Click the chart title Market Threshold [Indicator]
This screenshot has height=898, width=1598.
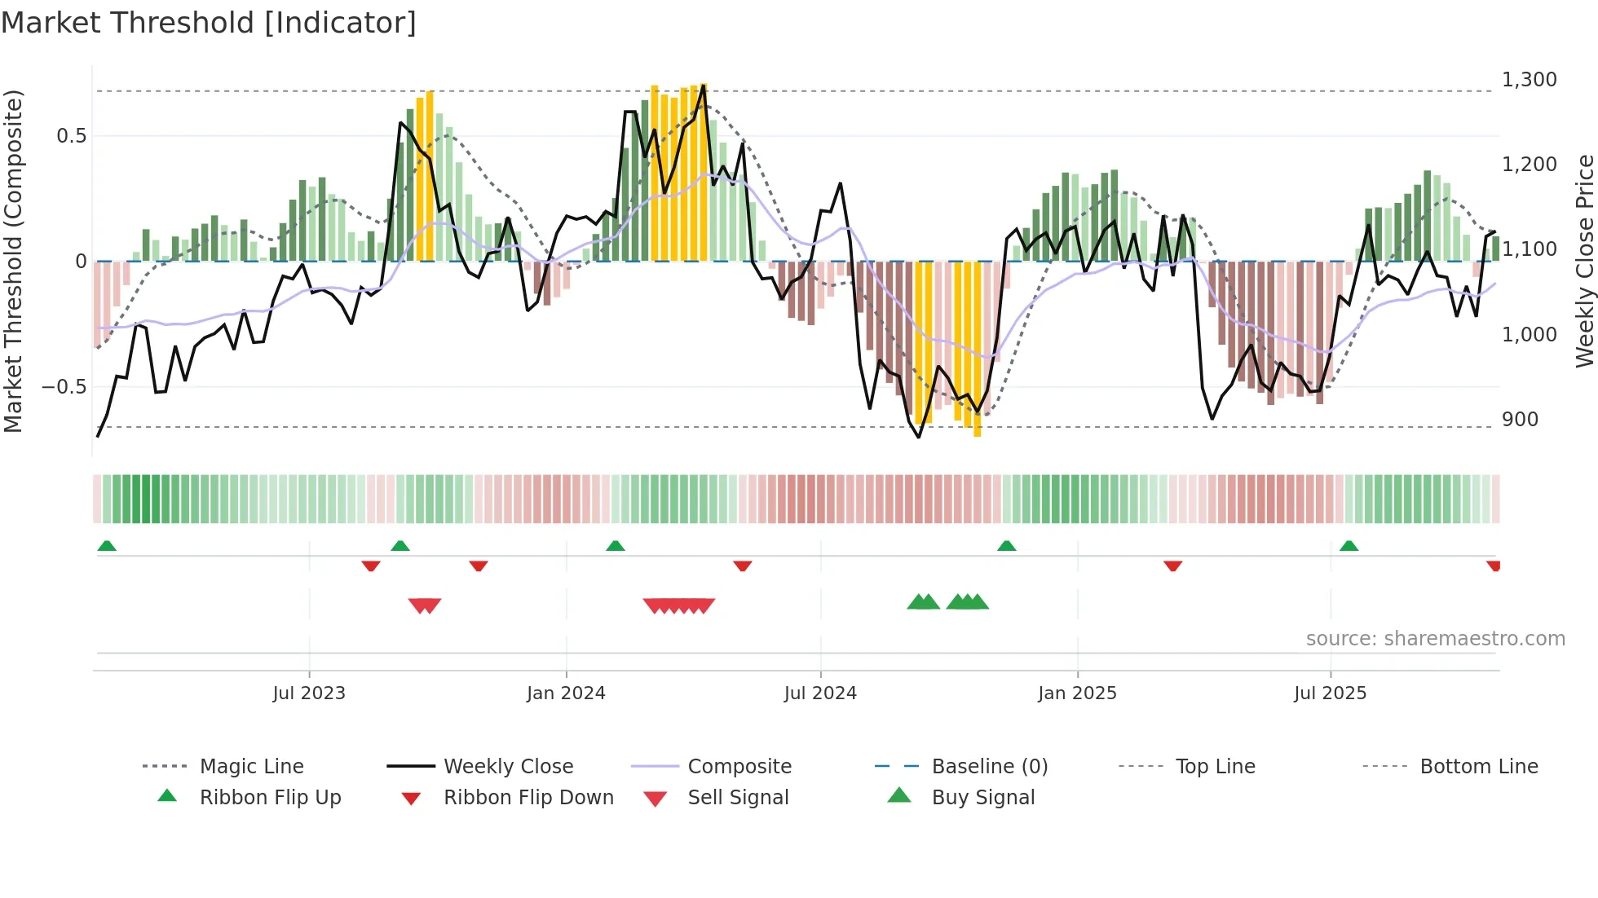pyautogui.click(x=209, y=23)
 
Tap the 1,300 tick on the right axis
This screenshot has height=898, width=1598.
pyautogui.click(x=1529, y=80)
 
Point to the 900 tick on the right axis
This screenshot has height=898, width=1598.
pyautogui.click(x=1520, y=420)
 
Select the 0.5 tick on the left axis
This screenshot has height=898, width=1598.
pyautogui.click(x=71, y=136)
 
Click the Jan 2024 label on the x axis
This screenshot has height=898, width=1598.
pyautogui.click(x=566, y=693)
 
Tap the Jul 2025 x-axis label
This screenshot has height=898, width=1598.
pyautogui.click(x=1330, y=693)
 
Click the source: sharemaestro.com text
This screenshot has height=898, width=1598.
pyautogui.click(x=1435, y=639)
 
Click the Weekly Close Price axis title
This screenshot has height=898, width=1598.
pyautogui.click(x=1584, y=261)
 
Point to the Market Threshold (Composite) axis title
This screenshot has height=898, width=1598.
pyautogui.click(x=13, y=261)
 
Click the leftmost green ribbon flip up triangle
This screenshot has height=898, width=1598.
pyautogui.click(x=107, y=546)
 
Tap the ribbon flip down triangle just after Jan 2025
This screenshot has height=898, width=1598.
pyautogui.click(x=1172, y=566)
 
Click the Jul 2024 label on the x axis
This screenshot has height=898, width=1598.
pyautogui.click(x=820, y=693)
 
